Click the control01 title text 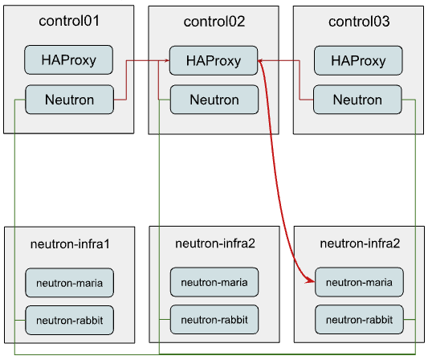tap(69, 21)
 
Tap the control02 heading tap(214, 21)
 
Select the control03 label tap(359, 21)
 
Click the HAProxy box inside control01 tap(69, 60)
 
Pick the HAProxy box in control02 tap(214, 60)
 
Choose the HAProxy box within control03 tap(358, 60)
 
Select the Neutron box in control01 tap(69, 100)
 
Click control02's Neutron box tap(214, 100)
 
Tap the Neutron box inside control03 tap(358, 100)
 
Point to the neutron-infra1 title tap(69, 243)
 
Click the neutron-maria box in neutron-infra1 tap(69, 282)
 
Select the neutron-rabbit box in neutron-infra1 tap(69, 320)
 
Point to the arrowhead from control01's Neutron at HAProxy tap(165, 60)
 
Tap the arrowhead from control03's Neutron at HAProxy tap(262, 60)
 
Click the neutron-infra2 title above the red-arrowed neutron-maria tap(359, 243)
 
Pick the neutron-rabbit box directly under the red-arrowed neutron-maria tap(358, 320)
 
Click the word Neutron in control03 tap(358, 100)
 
